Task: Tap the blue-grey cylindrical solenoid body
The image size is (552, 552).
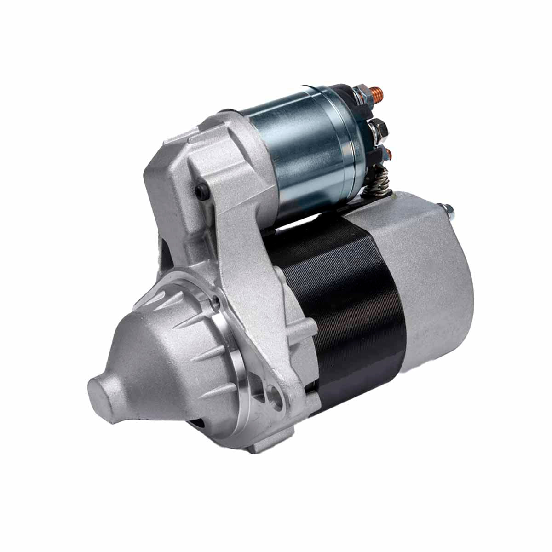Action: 304,152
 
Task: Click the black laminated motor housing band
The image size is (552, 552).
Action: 350,299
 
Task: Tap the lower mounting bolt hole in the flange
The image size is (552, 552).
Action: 277,398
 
